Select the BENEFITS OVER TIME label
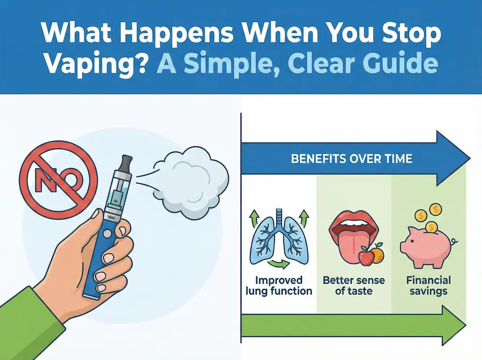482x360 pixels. [x=352, y=158]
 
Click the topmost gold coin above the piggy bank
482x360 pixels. [x=436, y=208]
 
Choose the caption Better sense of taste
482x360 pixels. [x=353, y=286]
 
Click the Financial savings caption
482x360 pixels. [x=428, y=286]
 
